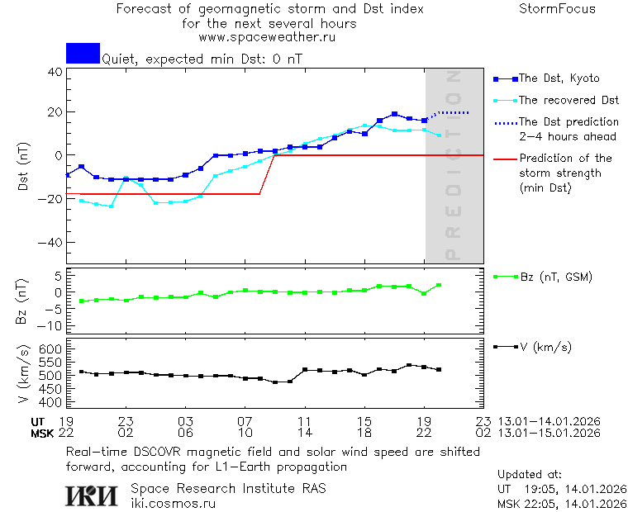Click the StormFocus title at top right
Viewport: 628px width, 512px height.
557,9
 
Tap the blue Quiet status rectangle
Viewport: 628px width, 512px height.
83,53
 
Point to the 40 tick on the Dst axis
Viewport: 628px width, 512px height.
55,72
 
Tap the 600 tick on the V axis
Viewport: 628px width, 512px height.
51,349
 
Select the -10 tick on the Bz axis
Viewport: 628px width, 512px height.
51,325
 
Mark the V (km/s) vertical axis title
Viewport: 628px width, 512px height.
23,375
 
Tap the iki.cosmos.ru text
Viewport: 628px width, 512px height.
173,502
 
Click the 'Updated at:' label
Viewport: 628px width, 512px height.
530,475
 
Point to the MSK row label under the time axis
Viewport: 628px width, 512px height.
42,432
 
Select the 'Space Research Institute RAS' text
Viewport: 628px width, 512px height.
228,488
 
